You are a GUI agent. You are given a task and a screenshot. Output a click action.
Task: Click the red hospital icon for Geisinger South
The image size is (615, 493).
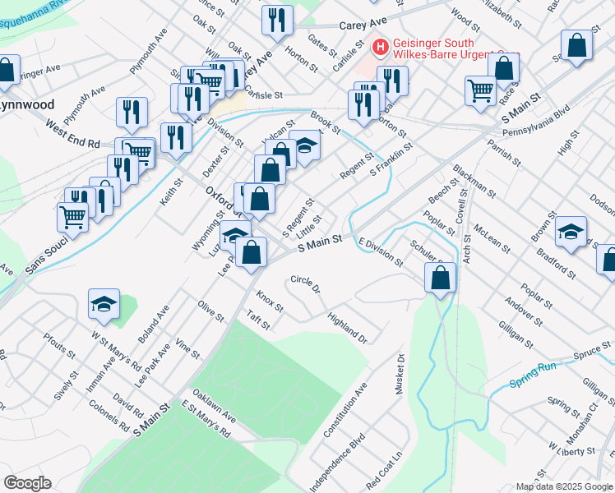pos(380,48)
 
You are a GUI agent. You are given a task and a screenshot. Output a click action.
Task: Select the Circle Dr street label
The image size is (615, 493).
pos(305,285)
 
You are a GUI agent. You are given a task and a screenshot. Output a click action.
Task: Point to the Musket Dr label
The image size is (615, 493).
pos(402,375)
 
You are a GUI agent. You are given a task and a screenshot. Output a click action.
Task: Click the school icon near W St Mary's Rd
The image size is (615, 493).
pos(104,305)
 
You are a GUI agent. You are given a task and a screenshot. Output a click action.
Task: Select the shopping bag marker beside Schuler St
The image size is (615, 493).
pos(441,278)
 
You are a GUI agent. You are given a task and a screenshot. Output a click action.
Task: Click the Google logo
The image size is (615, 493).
pos(26,483)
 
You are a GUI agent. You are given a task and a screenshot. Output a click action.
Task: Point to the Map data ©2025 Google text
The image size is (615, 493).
pos(565,486)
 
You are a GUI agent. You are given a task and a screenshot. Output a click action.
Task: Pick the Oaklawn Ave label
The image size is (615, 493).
pos(214,407)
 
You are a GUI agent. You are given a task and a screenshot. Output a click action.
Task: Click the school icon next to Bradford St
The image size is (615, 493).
pos(571,232)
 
